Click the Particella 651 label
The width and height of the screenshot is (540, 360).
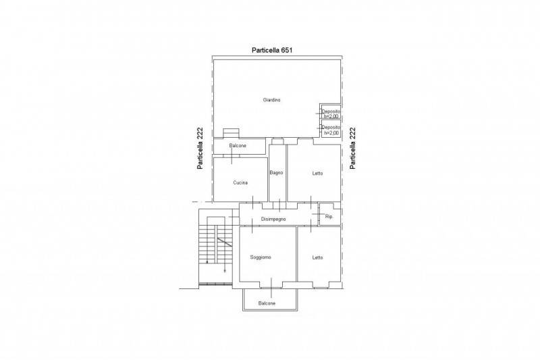pyautogui.click(x=272, y=50)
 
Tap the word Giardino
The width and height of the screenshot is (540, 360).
pyautogui.click(x=272, y=100)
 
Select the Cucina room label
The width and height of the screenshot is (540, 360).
pyautogui.click(x=240, y=182)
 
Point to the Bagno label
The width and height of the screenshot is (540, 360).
pyautogui.click(x=276, y=173)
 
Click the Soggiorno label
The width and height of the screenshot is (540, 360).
pyautogui.click(x=261, y=257)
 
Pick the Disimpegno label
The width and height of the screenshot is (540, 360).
pyautogui.click(x=273, y=219)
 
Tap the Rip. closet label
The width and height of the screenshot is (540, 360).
pyautogui.click(x=329, y=217)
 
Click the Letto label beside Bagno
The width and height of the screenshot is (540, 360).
pyautogui.click(x=317, y=174)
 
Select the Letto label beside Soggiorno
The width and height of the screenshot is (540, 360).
pyautogui.click(x=317, y=257)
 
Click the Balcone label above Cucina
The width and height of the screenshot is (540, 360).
pyautogui.click(x=238, y=146)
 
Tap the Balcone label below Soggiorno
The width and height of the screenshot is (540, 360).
pyautogui.click(x=267, y=303)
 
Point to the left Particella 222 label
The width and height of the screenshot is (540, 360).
pyautogui.click(x=200, y=148)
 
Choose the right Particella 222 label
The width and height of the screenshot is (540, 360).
pyautogui.click(x=352, y=148)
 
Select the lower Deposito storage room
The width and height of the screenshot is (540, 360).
pyautogui.click(x=331, y=129)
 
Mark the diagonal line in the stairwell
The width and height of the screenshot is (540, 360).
pyautogui.click(x=224, y=242)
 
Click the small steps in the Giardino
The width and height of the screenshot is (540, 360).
pyautogui.click(x=230, y=133)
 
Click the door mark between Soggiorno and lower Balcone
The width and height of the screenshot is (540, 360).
pyautogui.click(x=271, y=287)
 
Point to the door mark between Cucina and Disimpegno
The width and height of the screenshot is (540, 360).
pyautogui.click(x=252, y=202)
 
